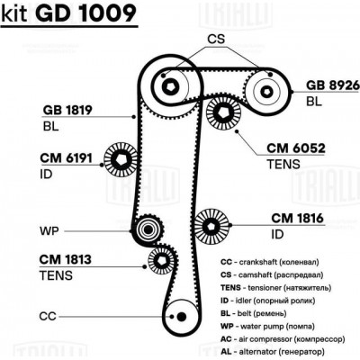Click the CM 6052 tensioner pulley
click(220, 114)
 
